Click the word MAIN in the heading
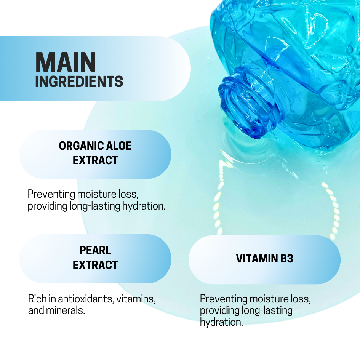(66, 62)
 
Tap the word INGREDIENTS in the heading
(79, 82)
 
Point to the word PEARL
(95, 250)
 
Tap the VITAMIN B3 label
(264, 259)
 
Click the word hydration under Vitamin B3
(221, 322)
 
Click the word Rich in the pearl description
(37, 299)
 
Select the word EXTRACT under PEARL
(95, 265)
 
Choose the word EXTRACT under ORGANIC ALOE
(95, 160)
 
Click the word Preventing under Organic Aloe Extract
(51, 194)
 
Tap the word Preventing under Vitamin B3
(223, 299)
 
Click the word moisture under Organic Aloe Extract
(97, 194)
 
